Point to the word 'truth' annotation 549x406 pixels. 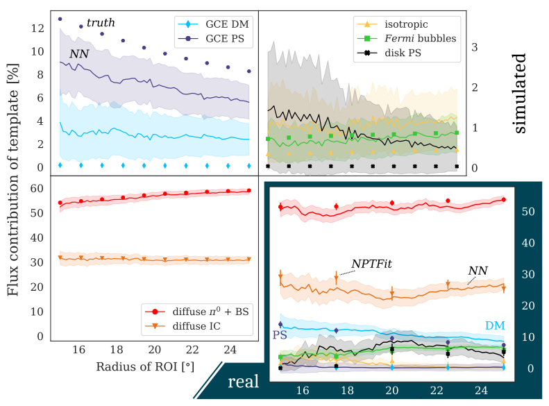click(101, 23)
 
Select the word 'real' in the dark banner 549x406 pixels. click(244, 380)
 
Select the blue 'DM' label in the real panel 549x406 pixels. click(495, 325)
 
